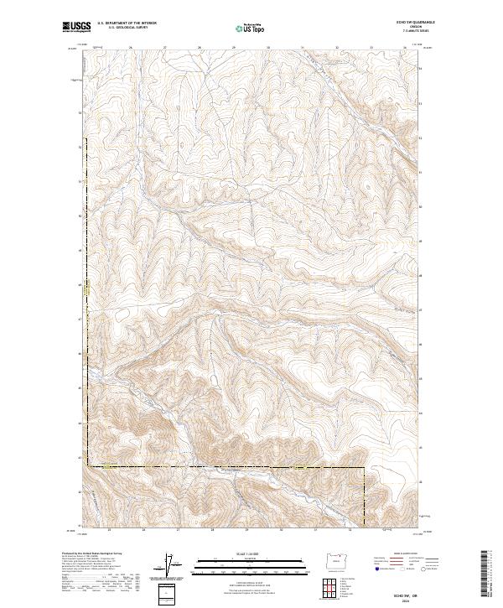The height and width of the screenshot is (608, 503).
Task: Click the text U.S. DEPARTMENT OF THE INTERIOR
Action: [x=127, y=24]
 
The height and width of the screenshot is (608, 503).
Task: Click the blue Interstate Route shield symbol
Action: [x=379, y=569]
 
